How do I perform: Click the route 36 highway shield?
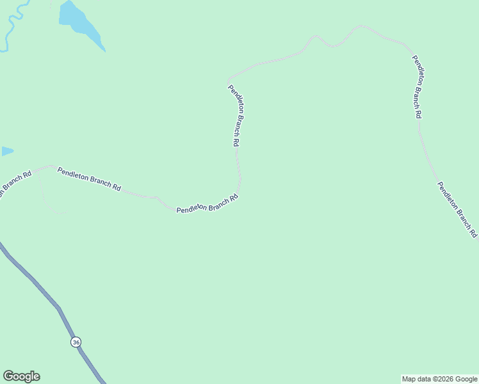click(77, 342)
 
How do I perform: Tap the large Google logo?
click(21, 376)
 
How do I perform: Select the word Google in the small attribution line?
click(466, 379)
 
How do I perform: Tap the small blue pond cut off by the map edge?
click(6, 152)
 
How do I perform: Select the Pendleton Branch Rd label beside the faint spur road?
click(89, 179)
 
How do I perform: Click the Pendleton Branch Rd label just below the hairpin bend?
click(207, 204)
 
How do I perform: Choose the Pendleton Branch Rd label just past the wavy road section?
click(417, 86)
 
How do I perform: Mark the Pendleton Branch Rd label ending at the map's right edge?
click(457, 209)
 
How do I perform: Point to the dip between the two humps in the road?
click(332, 46)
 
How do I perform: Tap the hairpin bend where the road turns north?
click(238, 189)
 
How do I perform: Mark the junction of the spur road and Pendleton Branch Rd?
click(37, 170)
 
